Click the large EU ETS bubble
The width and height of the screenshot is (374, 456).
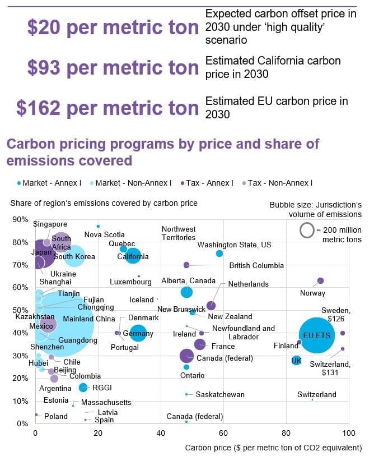(x=317, y=335)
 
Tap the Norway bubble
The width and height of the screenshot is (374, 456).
(x=320, y=281)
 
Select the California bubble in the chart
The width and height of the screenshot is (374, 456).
(x=133, y=256)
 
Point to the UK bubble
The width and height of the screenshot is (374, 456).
(x=297, y=360)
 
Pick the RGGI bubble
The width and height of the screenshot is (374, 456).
(x=83, y=387)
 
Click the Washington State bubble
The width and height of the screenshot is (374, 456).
(x=219, y=254)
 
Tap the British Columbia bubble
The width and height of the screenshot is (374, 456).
(x=186, y=265)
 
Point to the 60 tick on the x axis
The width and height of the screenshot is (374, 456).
(x=223, y=434)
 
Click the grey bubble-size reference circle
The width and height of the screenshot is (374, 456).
(x=306, y=230)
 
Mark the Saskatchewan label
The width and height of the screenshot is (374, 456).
(x=219, y=394)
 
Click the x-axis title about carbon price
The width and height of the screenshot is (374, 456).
(x=273, y=448)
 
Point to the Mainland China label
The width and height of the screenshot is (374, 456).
(x=89, y=319)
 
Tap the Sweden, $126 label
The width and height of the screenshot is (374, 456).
(x=335, y=315)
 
